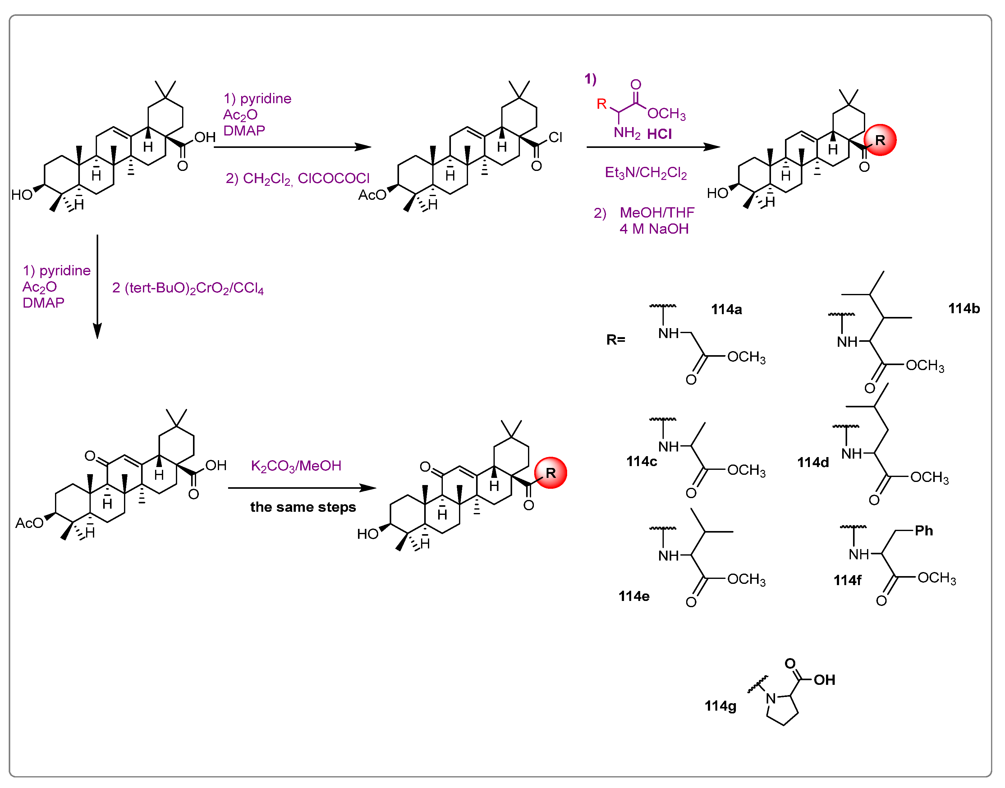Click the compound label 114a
[x=726, y=309]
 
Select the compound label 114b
[x=963, y=309]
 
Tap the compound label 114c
[x=641, y=461]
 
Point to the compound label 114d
[x=813, y=462]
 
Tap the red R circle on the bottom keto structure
[x=550, y=473]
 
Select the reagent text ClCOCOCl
[x=334, y=179]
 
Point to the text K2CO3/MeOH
[x=296, y=466]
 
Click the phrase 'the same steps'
[x=303, y=507]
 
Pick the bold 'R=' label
[x=616, y=340]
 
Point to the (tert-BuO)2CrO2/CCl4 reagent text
[x=188, y=288]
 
